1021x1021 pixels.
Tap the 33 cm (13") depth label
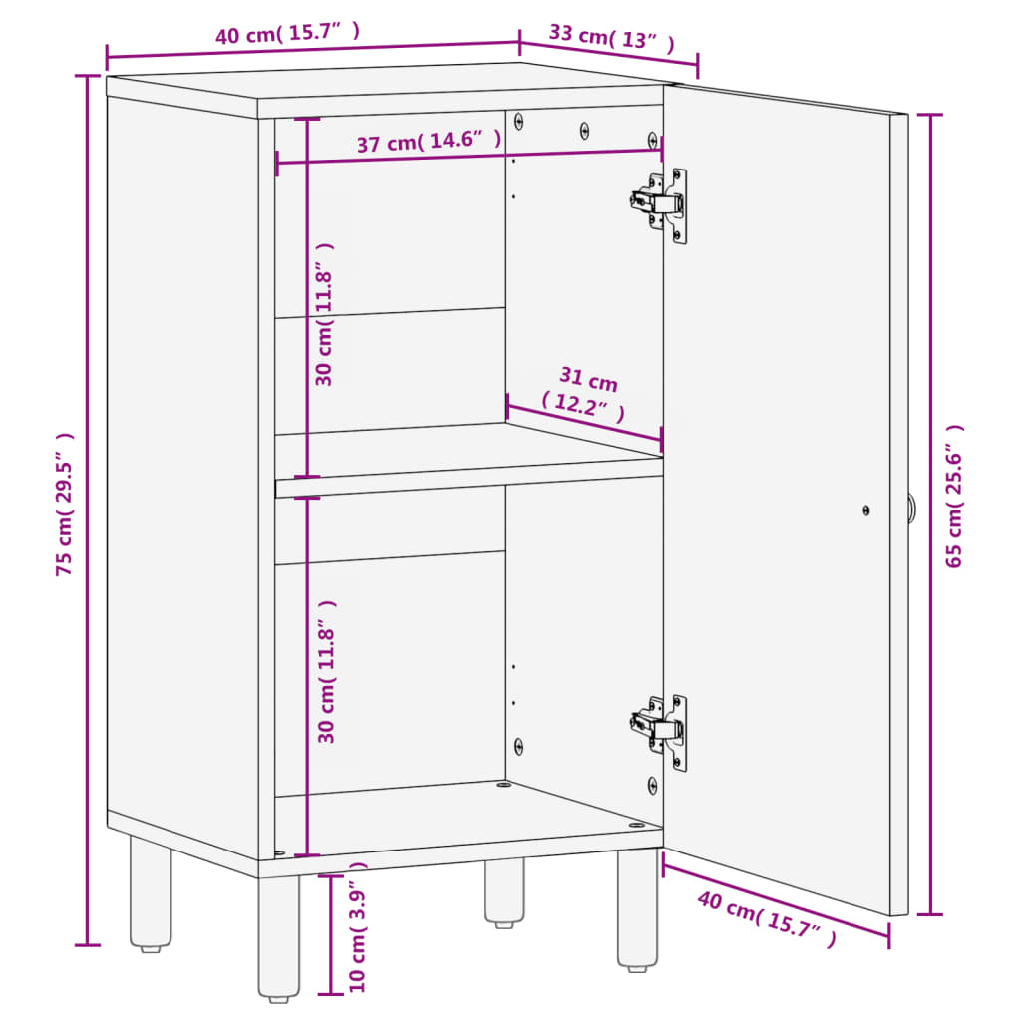pyautogui.click(x=611, y=38)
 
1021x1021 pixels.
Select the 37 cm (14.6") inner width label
pyautogui.click(x=429, y=143)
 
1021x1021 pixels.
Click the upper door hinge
pyautogui.click(x=660, y=203)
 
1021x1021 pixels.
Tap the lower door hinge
pyautogui.click(x=660, y=731)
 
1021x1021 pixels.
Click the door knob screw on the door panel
pyautogui.click(x=865, y=510)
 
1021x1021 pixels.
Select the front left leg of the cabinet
pyautogui.click(x=278, y=937)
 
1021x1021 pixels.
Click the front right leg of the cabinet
pyautogui.click(x=637, y=909)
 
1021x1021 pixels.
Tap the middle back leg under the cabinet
pyautogui.click(x=505, y=890)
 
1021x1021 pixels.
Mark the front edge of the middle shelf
pyautogui.click(x=469, y=486)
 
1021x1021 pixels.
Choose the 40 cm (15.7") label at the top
pyautogui.click(x=287, y=35)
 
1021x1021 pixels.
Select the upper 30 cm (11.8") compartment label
pyautogui.click(x=324, y=314)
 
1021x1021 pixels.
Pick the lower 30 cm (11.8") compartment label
pyautogui.click(x=326, y=670)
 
